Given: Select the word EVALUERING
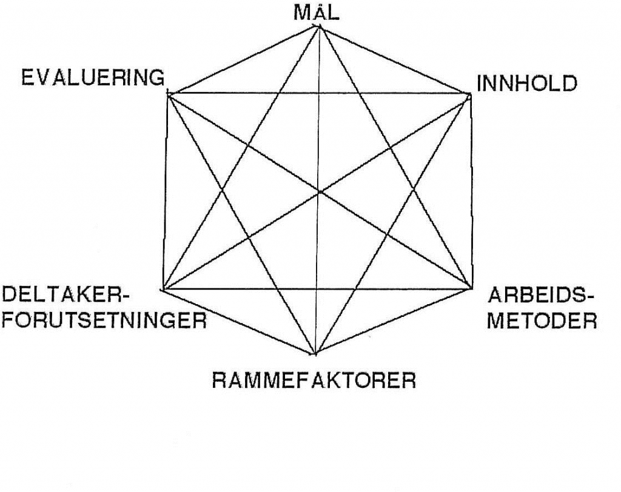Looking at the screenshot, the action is [x=93, y=77].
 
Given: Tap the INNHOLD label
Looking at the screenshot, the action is [x=527, y=84].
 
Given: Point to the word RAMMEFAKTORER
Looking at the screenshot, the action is [x=314, y=381].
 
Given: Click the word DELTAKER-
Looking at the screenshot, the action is [x=66, y=295].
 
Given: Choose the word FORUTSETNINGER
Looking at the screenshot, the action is [x=104, y=320].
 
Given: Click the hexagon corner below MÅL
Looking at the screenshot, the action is [x=319, y=27].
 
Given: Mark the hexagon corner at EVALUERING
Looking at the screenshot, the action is [x=169, y=94].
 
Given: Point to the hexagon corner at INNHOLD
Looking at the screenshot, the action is [x=470, y=94].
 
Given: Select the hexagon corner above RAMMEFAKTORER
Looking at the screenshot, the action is [x=315, y=353].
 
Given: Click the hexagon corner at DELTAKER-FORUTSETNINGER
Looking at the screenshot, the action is [x=163, y=290].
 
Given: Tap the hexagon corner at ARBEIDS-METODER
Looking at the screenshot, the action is [x=472, y=288].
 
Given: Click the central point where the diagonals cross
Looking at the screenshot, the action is [x=319, y=192].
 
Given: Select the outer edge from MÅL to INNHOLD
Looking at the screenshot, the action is [x=394, y=61].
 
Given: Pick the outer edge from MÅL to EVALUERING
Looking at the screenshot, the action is [x=244, y=60].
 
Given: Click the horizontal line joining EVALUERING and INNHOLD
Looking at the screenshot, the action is [x=319, y=94].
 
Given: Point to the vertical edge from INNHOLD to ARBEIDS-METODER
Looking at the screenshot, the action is [x=471, y=191].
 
